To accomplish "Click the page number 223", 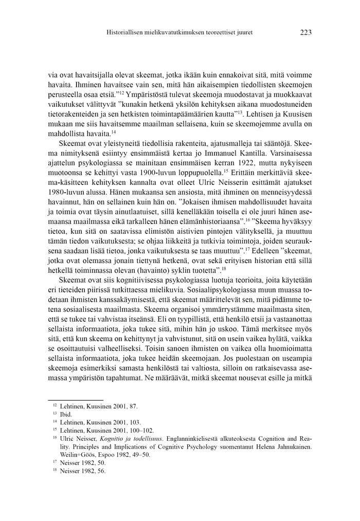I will pos(305,32).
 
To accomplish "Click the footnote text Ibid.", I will pos(66,414).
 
